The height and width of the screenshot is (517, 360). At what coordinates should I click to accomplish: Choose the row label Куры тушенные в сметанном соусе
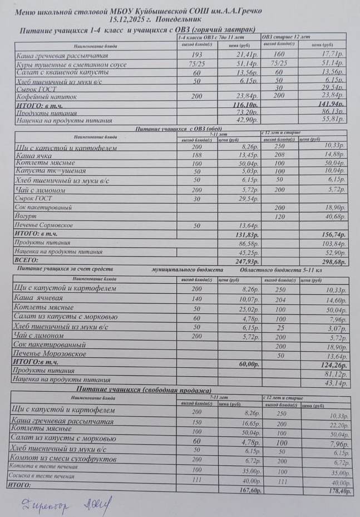pos(70,65)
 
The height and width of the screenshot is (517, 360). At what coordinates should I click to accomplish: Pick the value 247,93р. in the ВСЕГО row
pos(245,260)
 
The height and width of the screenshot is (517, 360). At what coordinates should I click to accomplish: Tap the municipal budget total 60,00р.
pos(248,364)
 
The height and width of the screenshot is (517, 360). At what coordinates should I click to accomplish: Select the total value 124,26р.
pos(333,366)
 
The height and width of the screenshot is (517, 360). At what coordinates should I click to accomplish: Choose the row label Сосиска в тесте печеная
pos(41,476)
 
